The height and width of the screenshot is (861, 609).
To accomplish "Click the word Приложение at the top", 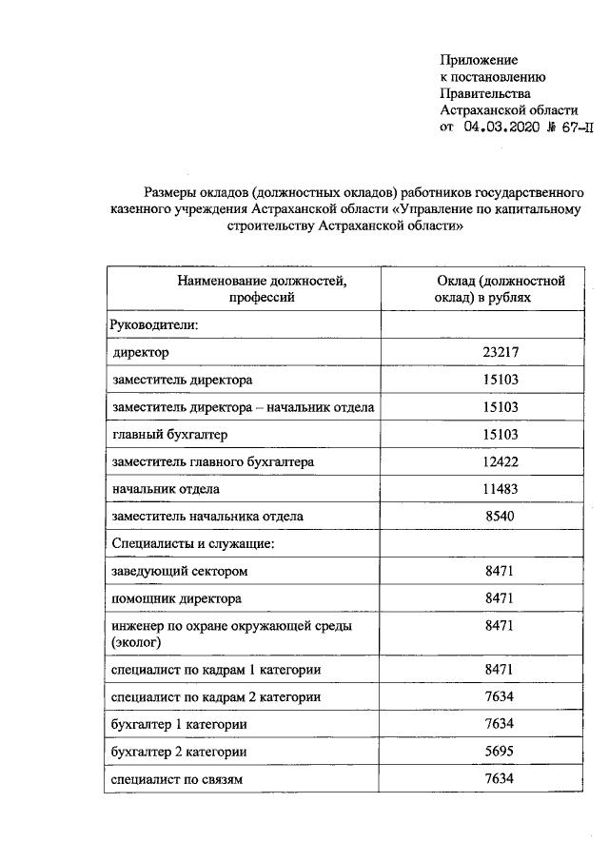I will pyautogui.click(x=478, y=60).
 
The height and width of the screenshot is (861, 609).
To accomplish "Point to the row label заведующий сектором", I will pyautogui.click(x=179, y=572).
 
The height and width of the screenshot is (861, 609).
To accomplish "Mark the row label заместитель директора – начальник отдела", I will pyautogui.click(x=243, y=407).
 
